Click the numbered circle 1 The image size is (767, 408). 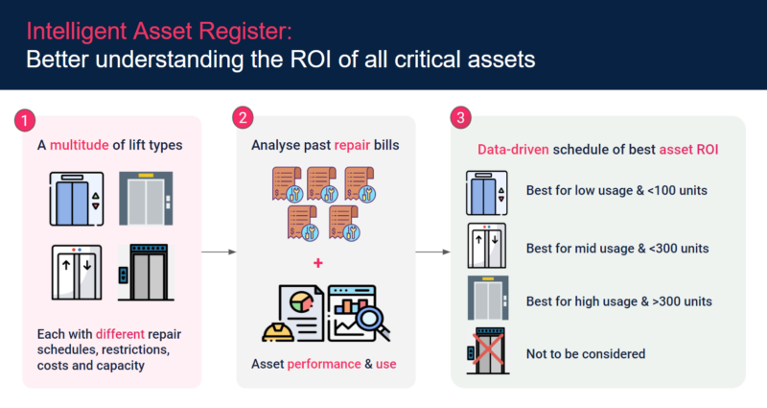point(26,122)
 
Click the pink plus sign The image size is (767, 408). point(319,262)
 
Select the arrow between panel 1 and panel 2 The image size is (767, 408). point(218,252)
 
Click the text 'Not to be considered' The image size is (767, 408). point(585,353)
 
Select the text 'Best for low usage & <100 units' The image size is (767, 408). point(616,190)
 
